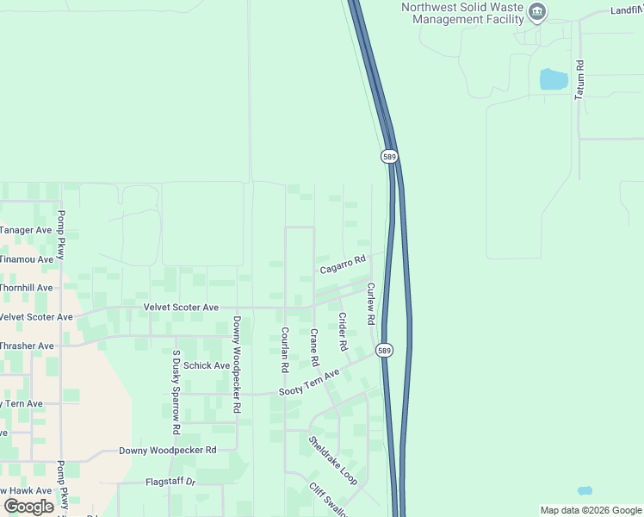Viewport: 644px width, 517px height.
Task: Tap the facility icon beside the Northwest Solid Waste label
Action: point(538,11)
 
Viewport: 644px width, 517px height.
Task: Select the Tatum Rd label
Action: point(580,78)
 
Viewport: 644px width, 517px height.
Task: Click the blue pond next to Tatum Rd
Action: point(553,80)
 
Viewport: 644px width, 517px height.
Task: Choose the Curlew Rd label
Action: point(371,303)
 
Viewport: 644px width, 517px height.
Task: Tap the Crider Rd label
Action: point(342,331)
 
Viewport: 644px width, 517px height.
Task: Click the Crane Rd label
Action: point(314,346)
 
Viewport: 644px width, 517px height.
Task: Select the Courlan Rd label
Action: point(283,349)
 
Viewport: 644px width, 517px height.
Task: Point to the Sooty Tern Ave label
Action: point(310,383)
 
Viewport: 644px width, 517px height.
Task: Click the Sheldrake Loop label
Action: point(332,460)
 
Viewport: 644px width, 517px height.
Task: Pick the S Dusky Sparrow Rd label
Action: point(176,391)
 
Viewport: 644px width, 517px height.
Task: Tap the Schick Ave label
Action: point(207,365)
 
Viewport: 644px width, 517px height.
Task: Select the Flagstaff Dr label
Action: point(170,482)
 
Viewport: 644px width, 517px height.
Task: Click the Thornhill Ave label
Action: point(27,288)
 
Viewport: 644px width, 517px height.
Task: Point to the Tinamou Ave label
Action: point(27,259)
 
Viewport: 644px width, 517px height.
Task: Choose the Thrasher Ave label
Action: point(27,346)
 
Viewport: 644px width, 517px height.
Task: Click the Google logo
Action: point(29,507)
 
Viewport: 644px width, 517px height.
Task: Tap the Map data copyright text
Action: point(590,510)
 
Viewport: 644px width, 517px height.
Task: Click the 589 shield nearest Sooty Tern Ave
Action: point(385,351)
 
